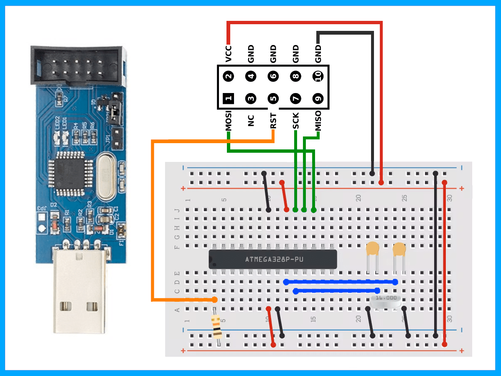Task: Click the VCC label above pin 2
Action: pyautogui.click(x=228, y=54)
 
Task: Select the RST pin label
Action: pyautogui.click(x=273, y=121)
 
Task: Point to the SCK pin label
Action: pyautogui.click(x=295, y=121)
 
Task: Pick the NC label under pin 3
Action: pyautogui.click(x=251, y=121)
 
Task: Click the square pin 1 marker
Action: pyautogui.click(x=228, y=99)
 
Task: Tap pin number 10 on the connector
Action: pyautogui.click(x=318, y=76)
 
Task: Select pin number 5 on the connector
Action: pyautogui.click(x=273, y=99)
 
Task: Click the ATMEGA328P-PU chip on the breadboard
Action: pyautogui.click(x=273, y=259)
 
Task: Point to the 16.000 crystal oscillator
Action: pyautogui.click(x=385, y=301)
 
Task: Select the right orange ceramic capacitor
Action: pyautogui.click(x=399, y=250)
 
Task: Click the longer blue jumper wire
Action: pyautogui.click(x=341, y=282)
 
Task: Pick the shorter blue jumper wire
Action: pyautogui.click(x=337, y=290)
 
